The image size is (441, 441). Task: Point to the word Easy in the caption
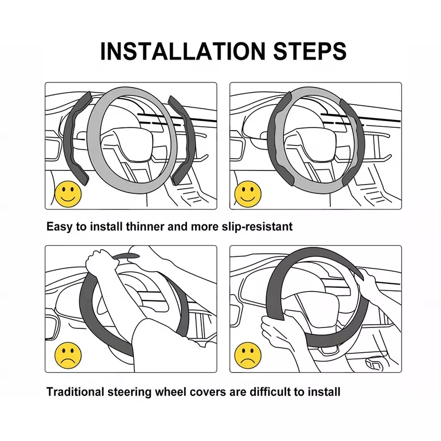[59, 227]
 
